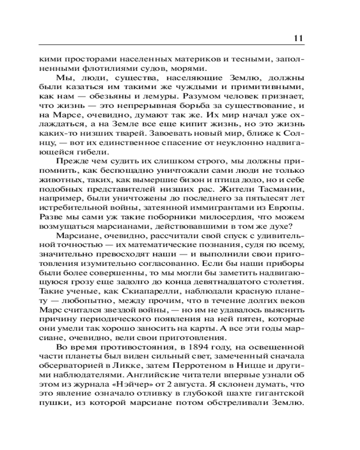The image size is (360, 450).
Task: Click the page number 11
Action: pyautogui.click(x=298, y=37)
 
